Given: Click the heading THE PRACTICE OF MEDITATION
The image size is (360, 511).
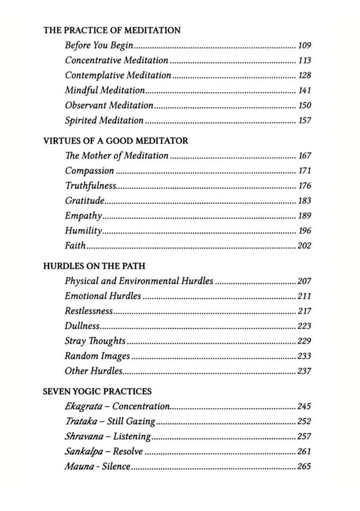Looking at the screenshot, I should (112, 30).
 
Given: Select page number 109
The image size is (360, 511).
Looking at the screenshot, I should (305, 46).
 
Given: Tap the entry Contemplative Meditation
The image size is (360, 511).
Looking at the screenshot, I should (118, 75).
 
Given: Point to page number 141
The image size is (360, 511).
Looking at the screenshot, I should (305, 91).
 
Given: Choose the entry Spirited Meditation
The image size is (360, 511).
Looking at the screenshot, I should (104, 121).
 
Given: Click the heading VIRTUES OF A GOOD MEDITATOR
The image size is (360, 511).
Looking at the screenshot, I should (115, 141).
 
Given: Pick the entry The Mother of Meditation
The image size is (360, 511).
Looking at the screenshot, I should (116, 156).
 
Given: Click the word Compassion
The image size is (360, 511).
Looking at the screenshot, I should (90, 171).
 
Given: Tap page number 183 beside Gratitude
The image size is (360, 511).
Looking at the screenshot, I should (305, 201).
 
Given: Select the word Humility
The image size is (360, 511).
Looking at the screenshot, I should (83, 231).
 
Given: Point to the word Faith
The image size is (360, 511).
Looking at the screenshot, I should (75, 245).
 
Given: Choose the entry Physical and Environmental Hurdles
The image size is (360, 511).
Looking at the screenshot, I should (139, 281).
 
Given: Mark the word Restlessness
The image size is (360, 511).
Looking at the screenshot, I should (89, 311).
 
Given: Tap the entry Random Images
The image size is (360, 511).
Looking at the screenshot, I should (97, 356).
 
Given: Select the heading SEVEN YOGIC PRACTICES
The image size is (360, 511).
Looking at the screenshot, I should (97, 392).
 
